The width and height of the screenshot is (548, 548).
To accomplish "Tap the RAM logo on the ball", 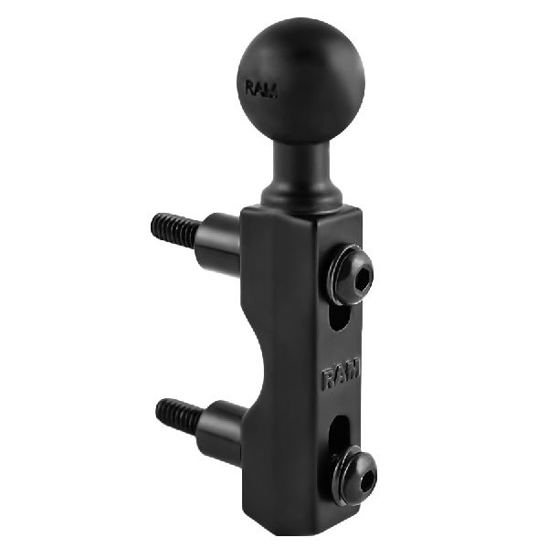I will pyautogui.click(x=264, y=89).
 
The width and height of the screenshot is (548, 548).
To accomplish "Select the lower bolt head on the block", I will pyautogui.click(x=353, y=473).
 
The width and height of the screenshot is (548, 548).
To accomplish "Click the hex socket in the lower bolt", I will pyautogui.click(x=357, y=473).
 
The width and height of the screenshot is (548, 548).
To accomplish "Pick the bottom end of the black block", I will pyautogui.click(x=301, y=521).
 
